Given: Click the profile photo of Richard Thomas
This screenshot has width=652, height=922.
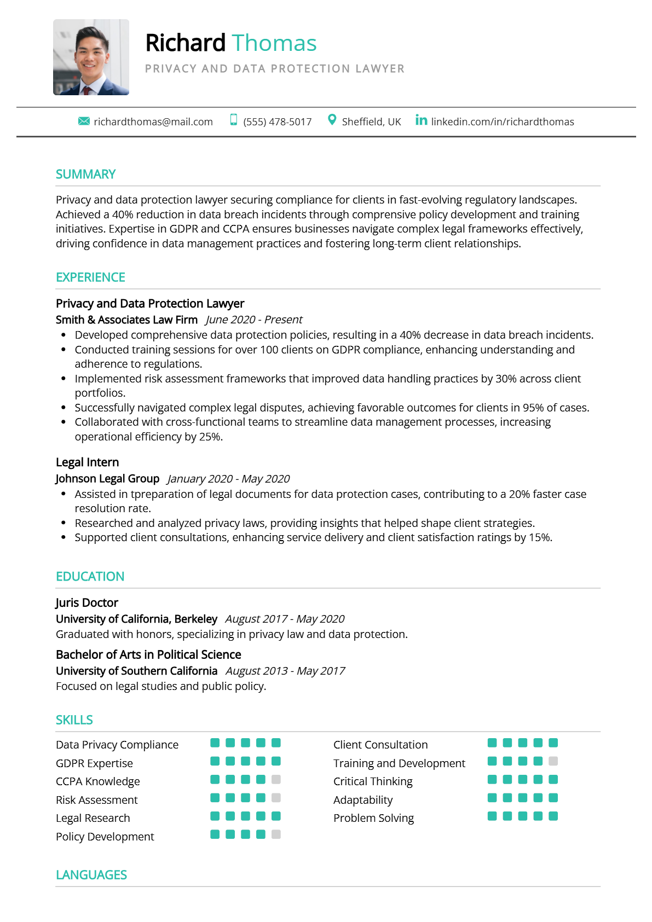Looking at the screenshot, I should [91, 57].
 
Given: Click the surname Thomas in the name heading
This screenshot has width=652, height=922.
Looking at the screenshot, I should [274, 43].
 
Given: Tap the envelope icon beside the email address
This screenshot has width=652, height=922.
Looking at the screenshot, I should [84, 121].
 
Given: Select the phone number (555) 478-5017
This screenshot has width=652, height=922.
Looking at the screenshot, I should [277, 121].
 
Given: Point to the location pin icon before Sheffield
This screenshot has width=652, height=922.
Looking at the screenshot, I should [332, 120].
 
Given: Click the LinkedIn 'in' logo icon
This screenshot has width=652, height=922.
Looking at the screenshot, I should [421, 120].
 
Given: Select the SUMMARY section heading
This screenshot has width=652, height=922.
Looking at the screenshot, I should [85, 174].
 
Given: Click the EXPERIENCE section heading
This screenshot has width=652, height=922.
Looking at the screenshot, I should [90, 277].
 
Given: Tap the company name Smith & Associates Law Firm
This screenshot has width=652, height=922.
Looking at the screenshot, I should [126, 320].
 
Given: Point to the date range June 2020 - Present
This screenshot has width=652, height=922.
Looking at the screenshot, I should [254, 320].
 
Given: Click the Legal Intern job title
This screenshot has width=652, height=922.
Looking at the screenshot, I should [87, 462].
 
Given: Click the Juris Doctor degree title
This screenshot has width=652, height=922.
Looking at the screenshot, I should [86, 602].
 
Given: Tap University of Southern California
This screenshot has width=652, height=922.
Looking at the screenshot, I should [136, 671].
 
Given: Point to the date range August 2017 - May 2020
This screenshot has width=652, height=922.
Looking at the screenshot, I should [285, 619].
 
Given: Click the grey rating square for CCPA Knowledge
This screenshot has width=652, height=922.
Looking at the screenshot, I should [276, 779].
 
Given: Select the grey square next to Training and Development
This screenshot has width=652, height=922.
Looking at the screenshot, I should [553, 761].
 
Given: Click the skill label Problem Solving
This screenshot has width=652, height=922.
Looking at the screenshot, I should [373, 818].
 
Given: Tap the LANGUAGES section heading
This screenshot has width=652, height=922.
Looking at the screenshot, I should [91, 875].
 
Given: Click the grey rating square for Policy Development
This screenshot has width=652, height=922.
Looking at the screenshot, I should [276, 834].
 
